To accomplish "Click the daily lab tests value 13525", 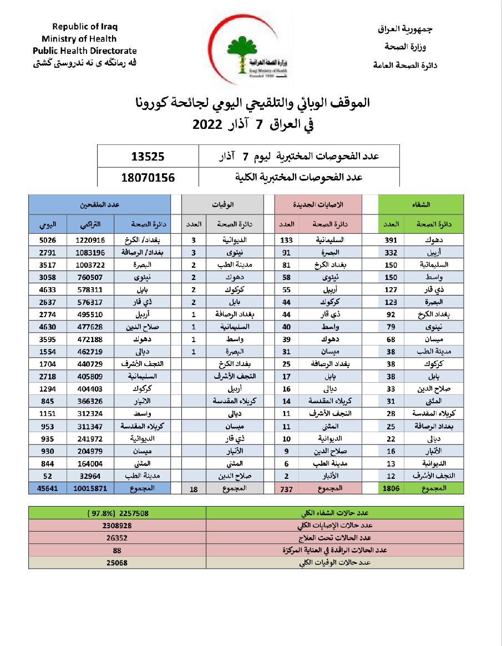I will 148,157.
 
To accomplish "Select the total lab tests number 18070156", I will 148,178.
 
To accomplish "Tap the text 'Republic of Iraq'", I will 85,27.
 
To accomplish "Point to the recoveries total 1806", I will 391,488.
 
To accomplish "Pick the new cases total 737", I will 286,488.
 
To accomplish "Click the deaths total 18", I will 194,488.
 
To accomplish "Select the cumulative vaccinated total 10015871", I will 90,488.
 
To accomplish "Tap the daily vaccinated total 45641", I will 47,488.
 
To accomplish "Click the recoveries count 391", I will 391,240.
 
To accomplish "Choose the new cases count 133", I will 286,240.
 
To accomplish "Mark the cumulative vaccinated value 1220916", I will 90,240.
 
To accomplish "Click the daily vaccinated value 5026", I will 48,240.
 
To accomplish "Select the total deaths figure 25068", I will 117,563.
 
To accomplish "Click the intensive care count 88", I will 117,550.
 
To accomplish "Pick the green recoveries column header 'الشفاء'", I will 425,204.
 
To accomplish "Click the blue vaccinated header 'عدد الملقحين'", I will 99,204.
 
